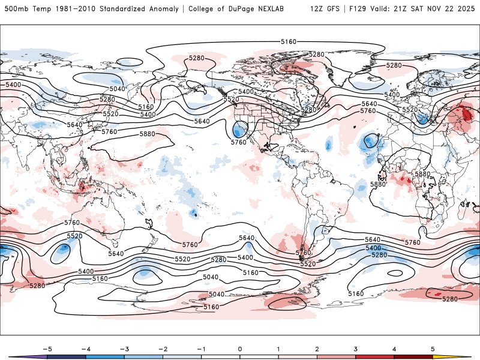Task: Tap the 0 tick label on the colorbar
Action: click(239, 348)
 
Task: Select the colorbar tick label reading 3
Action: click(356, 348)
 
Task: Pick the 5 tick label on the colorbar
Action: click(433, 348)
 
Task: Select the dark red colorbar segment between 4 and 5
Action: click(413, 356)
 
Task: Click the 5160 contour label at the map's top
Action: click(288, 41)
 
